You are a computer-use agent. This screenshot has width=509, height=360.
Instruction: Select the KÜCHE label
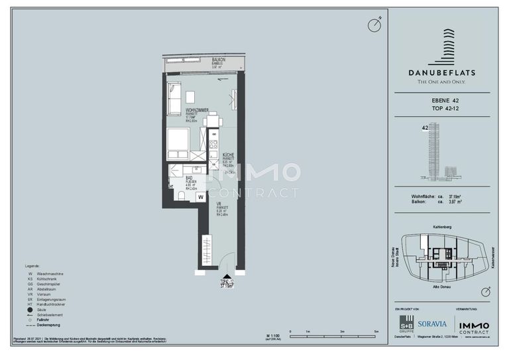(229, 154)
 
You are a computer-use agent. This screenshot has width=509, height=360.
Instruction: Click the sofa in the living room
(173, 97)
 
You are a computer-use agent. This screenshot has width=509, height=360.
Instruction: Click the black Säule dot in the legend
(30, 309)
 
